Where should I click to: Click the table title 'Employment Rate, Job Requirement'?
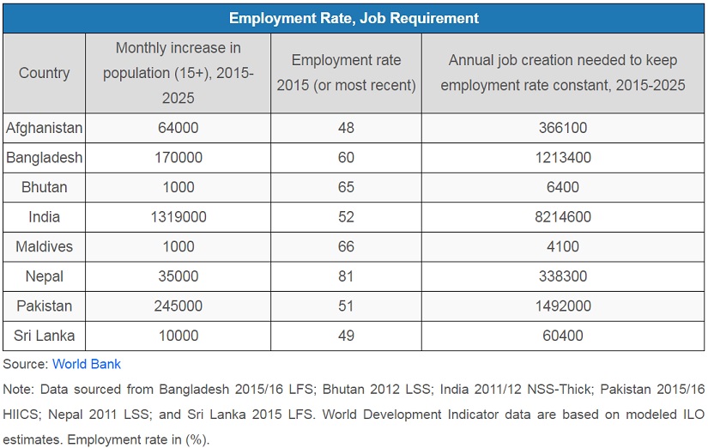354,18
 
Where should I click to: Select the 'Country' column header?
45,73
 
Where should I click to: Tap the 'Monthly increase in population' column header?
178,73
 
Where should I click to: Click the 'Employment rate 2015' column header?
346,73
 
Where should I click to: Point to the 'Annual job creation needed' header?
562,73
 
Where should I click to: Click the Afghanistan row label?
45,128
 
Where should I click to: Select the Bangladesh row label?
45,158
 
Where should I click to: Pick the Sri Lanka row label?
45,336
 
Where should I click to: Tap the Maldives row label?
45,246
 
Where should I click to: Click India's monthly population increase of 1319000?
178,217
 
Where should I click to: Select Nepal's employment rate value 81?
346,276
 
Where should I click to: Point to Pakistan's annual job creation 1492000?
562,306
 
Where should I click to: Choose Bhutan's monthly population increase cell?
178,187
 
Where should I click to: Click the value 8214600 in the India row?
562,217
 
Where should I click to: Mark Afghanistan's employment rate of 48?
346,128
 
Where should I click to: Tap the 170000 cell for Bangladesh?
178,158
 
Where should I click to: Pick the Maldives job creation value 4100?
562,246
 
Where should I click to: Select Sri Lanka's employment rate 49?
346,336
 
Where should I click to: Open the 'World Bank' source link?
87,364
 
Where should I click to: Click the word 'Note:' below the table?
19,389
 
